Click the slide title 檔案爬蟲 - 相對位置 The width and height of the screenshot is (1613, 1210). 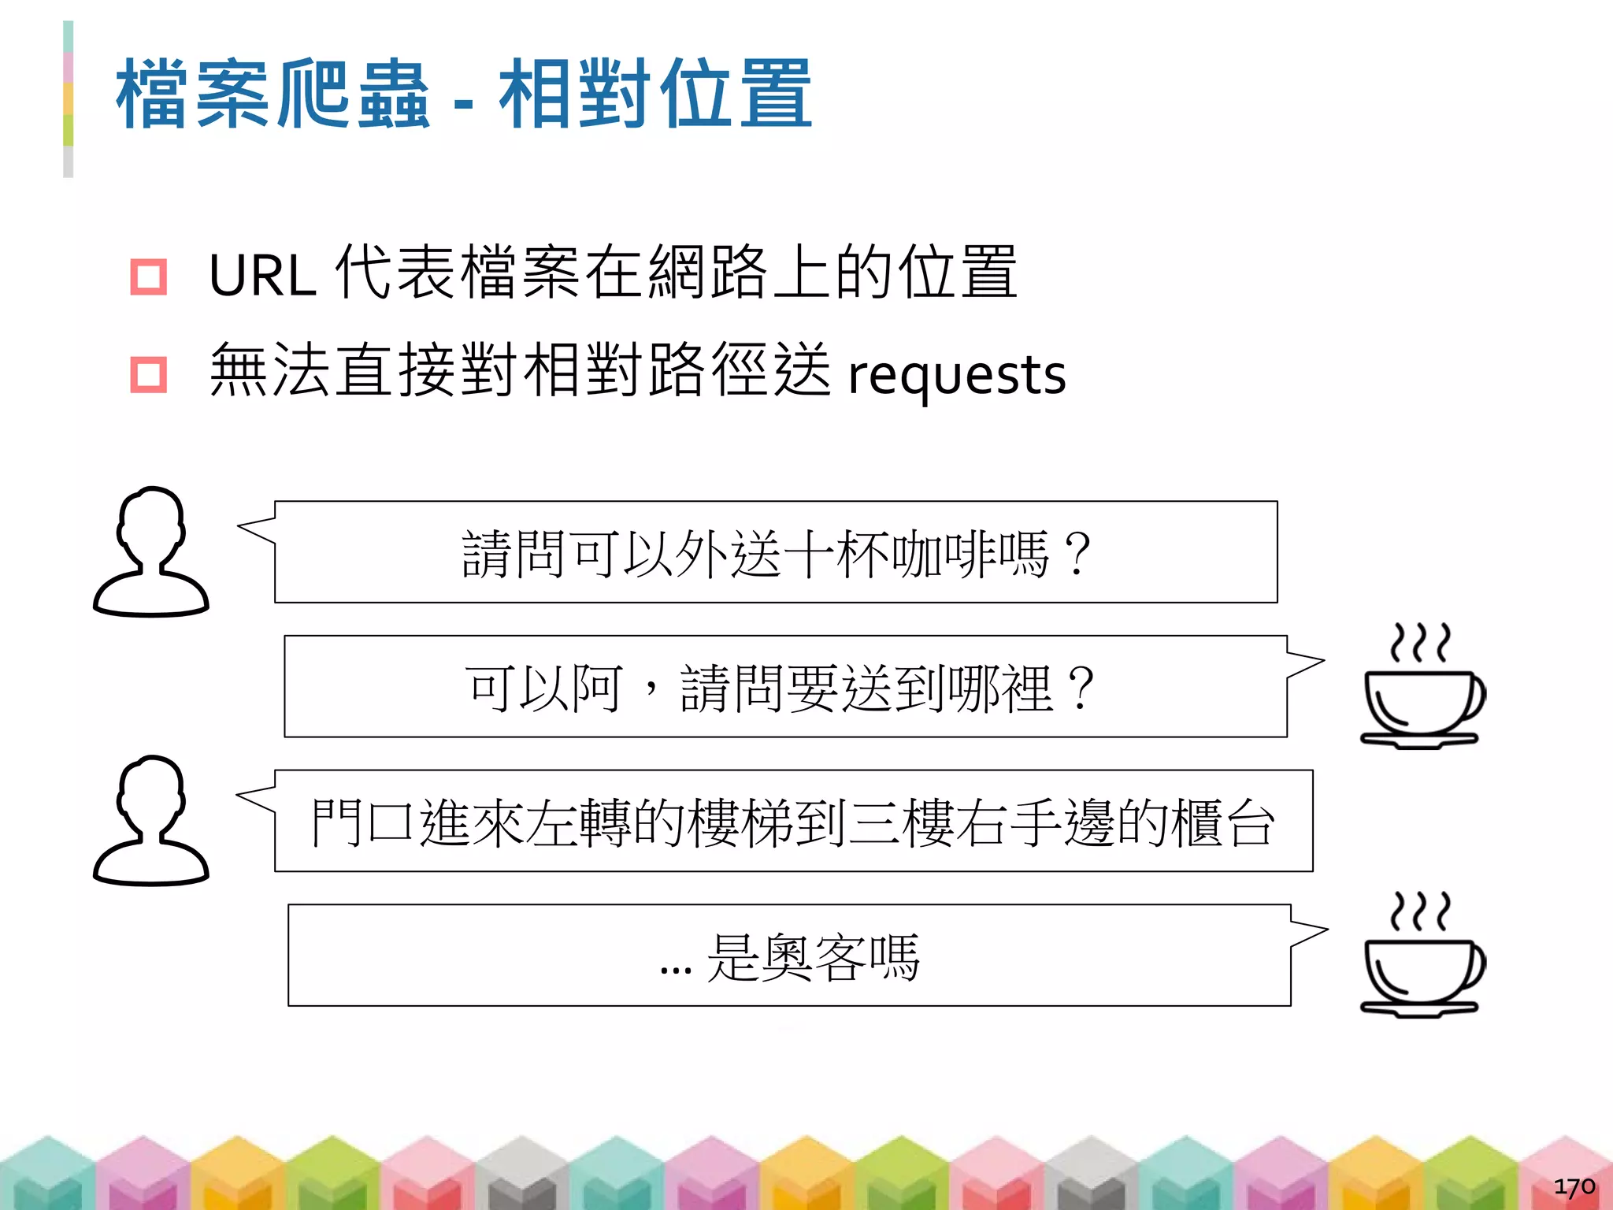[x=464, y=95]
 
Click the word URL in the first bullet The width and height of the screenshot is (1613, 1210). [x=262, y=276]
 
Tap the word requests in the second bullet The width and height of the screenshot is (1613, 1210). [x=956, y=375]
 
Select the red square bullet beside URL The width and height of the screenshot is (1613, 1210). [x=148, y=277]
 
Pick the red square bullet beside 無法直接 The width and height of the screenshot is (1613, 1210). [x=148, y=375]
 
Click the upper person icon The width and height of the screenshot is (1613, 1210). [x=151, y=551]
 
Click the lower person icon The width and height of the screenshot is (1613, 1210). [x=151, y=821]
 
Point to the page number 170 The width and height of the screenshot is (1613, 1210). [x=1574, y=1186]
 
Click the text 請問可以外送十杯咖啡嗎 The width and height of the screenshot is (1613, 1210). [x=776, y=553]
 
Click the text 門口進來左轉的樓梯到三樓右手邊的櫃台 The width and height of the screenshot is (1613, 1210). [x=792, y=822]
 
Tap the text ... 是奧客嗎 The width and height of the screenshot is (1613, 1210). [x=790, y=957]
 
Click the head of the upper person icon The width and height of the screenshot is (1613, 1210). [x=151, y=520]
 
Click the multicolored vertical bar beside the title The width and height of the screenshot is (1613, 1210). [x=69, y=99]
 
